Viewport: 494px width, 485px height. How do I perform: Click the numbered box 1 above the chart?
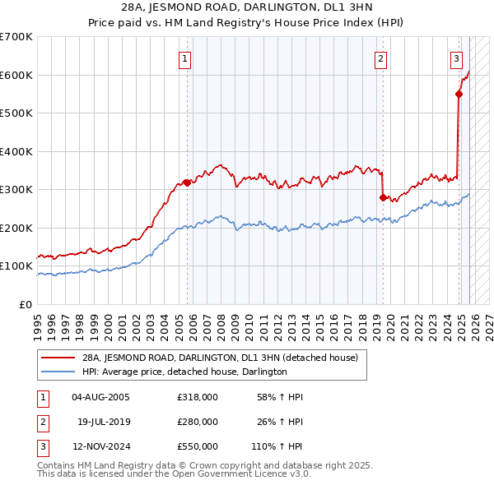point(185,58)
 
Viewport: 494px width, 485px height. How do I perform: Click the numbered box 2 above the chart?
point(381,58)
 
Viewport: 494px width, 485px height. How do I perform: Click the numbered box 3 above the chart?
point(455,58)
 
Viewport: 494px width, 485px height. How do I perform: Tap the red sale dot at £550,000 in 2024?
point(459,94)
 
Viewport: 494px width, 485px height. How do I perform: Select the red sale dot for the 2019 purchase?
point(383,197)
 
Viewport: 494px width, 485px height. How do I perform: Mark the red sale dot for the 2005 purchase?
point(187,182)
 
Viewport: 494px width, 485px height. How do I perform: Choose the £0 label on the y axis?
point(25,304)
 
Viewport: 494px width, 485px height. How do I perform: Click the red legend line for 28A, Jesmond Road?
point(58,358)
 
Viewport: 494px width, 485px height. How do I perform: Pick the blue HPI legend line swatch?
point(58,372)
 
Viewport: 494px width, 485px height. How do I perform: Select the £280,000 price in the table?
point(197,422)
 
